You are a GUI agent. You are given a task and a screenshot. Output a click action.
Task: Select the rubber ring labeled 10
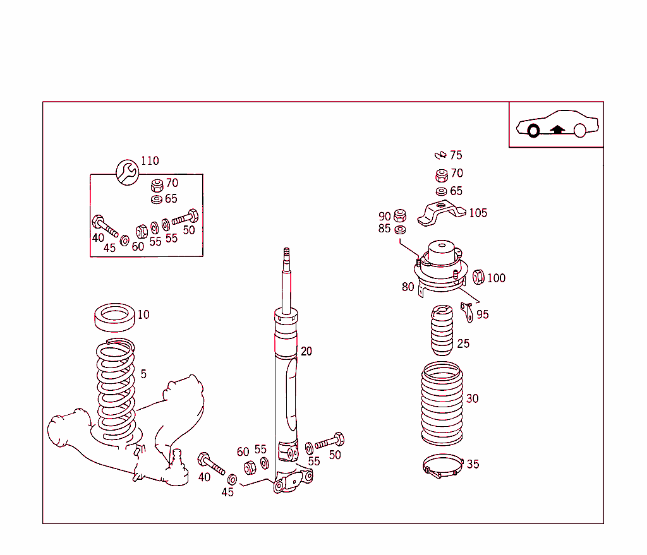tap(115, 317)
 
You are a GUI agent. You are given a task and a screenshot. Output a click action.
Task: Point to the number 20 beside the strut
tap(306, 352)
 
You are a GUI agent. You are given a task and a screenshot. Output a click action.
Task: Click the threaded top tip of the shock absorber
tap(286, 254)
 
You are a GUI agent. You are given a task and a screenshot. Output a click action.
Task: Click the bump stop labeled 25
tap(442, 331)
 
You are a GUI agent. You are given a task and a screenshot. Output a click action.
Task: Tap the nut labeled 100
tap(478, 277)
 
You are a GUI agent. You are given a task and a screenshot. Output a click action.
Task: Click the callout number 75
tap(456, 155)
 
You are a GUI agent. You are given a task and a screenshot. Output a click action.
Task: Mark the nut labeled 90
tap(399, 215)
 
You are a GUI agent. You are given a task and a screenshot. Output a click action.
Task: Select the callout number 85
tap(384, 229)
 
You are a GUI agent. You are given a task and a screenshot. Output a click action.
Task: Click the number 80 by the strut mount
tap(408, 287)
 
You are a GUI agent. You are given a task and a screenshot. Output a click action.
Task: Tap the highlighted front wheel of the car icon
tap(533, 131)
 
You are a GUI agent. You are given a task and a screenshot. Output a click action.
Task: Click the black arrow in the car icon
tap(557, 129)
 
